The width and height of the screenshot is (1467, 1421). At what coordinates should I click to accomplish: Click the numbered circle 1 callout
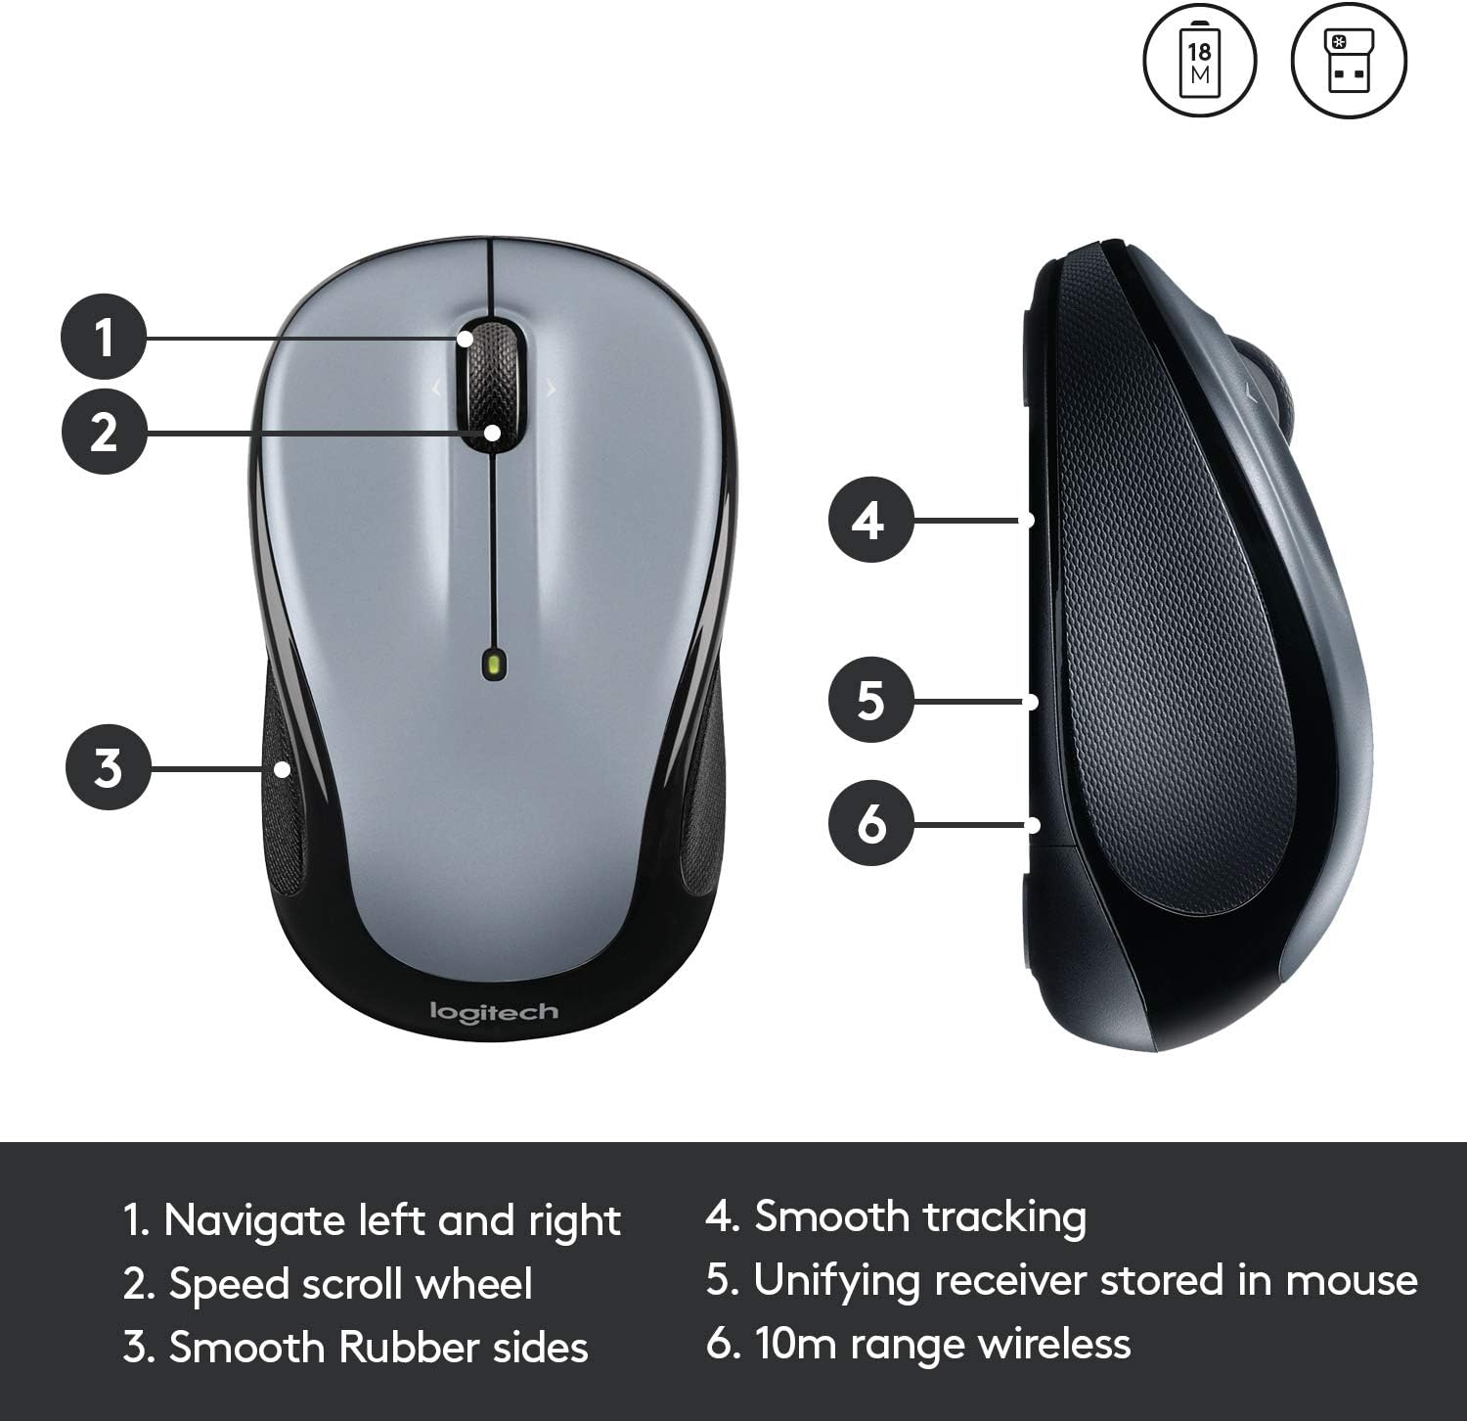[104, 337]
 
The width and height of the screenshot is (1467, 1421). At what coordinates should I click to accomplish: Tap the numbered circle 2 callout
[104, 432]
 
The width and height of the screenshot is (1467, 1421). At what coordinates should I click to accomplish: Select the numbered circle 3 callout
[108, 767]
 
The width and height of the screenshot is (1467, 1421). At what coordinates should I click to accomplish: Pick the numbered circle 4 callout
[870, 520]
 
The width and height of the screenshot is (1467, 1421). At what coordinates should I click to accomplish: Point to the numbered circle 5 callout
[870, 700]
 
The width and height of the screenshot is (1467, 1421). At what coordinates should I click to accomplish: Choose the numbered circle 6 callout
[870, 823]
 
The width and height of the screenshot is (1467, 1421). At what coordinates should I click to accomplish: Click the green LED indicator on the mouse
[495, 665]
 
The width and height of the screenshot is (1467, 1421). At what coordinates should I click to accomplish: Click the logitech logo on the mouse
[494, 1012]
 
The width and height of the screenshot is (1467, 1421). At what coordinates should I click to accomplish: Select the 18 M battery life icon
[1199, 61]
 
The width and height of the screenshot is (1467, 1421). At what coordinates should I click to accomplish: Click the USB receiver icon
[1349, 61]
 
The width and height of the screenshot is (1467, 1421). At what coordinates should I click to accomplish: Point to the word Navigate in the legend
[253, 1221]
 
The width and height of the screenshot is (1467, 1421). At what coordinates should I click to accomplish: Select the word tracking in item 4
[1004, 1217]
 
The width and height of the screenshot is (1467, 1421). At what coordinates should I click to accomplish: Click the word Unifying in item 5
[836, 1281]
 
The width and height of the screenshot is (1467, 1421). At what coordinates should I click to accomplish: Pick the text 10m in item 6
[796, 1344]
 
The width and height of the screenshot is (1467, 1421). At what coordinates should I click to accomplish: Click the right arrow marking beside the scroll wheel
[552, 390]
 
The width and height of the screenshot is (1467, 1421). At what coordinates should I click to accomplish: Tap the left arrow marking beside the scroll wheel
[436, 390]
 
